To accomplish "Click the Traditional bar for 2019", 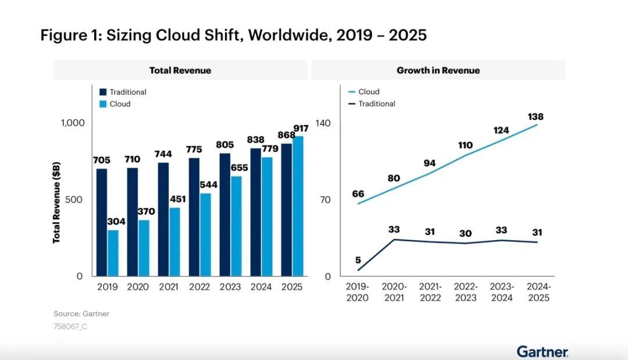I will point(102,223).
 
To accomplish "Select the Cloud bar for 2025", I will point(298,206).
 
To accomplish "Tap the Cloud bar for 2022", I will point(205,235).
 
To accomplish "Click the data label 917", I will point(301,128).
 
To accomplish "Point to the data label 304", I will point(116,222).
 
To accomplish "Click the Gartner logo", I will point(543,351).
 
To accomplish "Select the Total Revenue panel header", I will point(180,70).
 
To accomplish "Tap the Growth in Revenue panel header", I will point(438,70).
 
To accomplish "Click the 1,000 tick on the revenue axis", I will point(73,123).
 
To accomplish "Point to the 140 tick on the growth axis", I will point(323,123).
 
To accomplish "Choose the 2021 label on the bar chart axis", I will point(169,287).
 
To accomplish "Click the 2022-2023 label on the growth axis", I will point(465,292).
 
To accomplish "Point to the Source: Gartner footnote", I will point(81,314).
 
